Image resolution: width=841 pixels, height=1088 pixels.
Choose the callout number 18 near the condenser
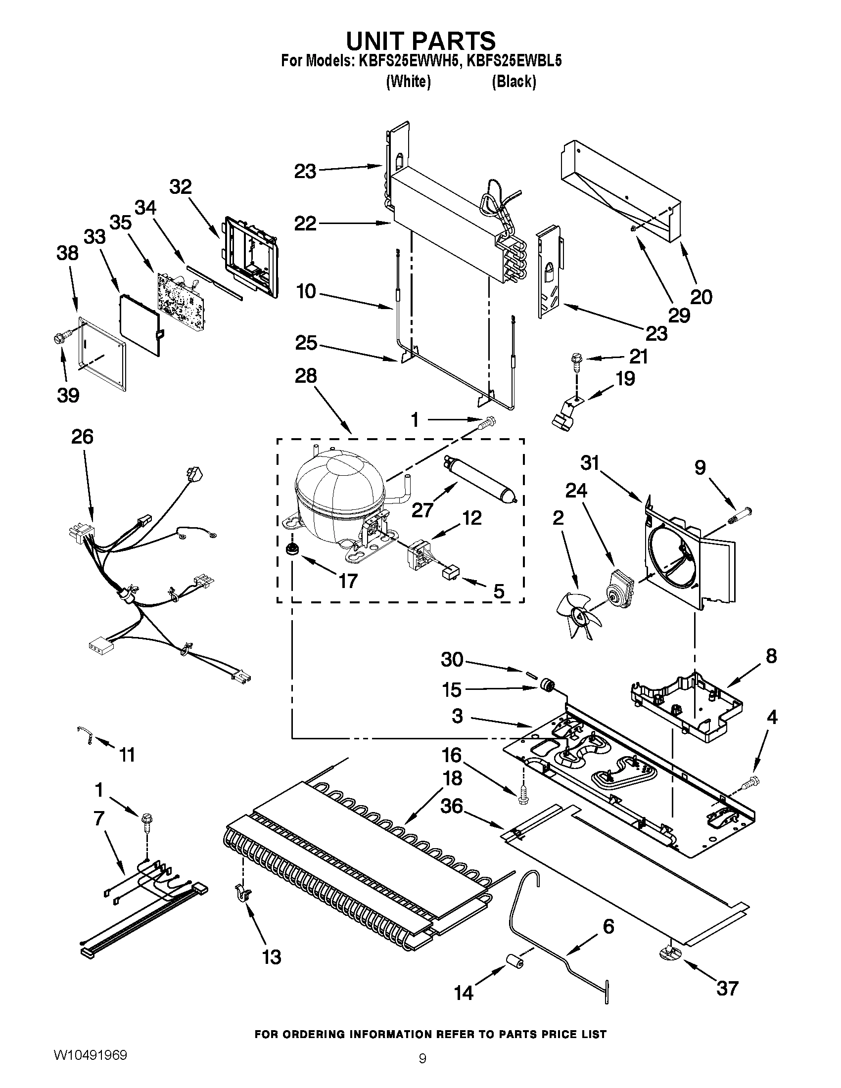point(452,778)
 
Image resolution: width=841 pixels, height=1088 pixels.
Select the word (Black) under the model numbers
point(514,81)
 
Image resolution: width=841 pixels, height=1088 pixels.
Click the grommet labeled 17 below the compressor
point(288,548)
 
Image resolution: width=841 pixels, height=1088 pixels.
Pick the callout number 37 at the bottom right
point(727,988)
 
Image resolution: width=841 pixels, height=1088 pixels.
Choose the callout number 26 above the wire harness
point(82,436)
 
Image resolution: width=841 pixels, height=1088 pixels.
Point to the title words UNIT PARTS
point(421,41)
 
